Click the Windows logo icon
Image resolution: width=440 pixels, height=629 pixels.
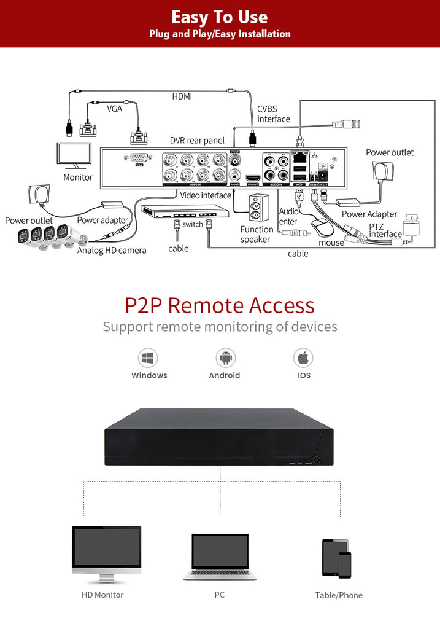tap(148, 357)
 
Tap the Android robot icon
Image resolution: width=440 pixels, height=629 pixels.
tap(225, 357)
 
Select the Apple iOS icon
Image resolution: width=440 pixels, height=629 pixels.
tap(303, 357)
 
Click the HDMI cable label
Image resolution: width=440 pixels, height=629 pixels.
tap(182, 96)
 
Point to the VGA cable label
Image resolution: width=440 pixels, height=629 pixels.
tap(115, 109)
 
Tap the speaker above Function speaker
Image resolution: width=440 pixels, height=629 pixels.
tap(258, 208)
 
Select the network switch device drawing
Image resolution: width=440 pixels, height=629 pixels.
tap(185, 213)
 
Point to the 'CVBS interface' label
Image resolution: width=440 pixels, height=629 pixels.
tap(274, 114)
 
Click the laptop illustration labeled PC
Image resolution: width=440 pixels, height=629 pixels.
tap(220, 557)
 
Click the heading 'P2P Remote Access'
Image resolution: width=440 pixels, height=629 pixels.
tap(220, 305)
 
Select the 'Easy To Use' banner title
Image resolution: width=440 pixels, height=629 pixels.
tap(220, 17)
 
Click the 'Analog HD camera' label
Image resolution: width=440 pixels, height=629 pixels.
tap(112, 250)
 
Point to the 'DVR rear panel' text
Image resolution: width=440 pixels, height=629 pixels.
tap(197, 141)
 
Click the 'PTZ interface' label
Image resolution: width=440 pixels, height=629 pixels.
tap(385, 230)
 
